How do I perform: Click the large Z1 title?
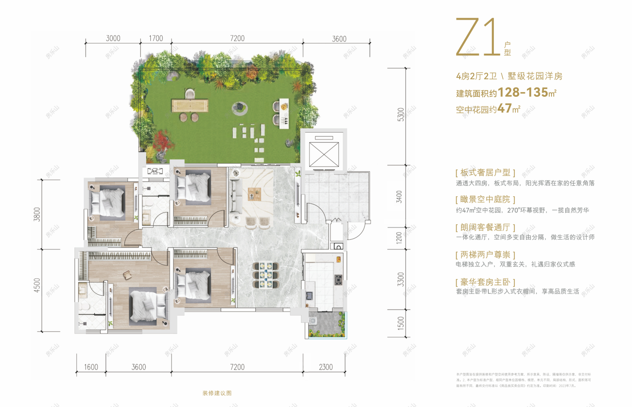477,38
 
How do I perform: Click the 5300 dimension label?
401,114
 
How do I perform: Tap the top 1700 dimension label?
156,39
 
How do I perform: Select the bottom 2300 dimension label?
326,367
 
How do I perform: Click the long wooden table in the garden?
190,106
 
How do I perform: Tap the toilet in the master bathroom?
85,307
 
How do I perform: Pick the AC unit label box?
155,171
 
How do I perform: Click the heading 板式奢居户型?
485,173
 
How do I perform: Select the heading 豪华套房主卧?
485,282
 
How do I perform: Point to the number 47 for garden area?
505,108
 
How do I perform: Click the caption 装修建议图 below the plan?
217,393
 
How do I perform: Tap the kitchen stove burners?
339,280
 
